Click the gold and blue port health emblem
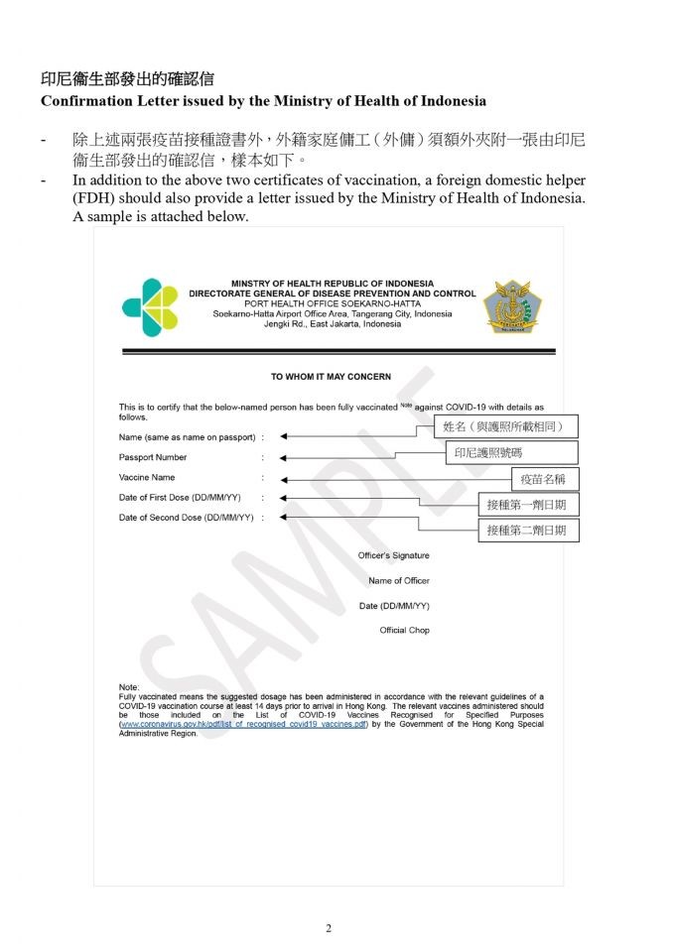(512, 306)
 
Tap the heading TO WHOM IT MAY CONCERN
(331, 377)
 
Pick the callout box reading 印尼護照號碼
(510, 452)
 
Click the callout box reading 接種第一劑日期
(526, 505)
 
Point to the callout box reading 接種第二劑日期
(526, 531)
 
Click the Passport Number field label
(153, 457)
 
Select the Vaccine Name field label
(147, 477)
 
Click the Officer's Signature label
(393, 555)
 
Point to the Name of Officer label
(398, 581)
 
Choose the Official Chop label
(404, 631)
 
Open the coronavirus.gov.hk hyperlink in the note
(243, 724)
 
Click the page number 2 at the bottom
(329, 928)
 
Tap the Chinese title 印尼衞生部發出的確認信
(127, 78)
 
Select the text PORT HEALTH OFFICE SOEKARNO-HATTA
(332, 303)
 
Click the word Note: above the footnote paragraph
(129, 687)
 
